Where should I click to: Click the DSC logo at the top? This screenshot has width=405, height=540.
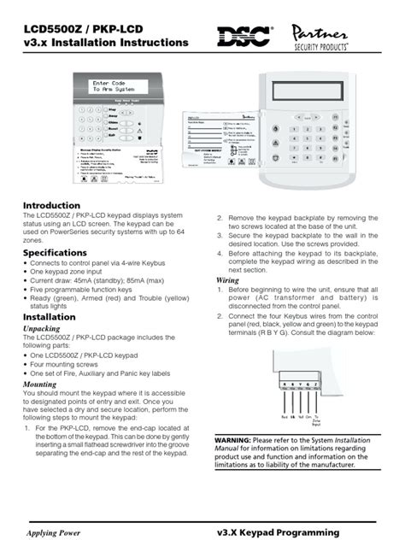246,36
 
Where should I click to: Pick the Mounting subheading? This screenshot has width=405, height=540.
40,384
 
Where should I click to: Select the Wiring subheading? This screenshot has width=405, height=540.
227,279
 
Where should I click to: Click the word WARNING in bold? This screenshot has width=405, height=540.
232,440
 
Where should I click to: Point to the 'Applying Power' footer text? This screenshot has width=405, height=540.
57,531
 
